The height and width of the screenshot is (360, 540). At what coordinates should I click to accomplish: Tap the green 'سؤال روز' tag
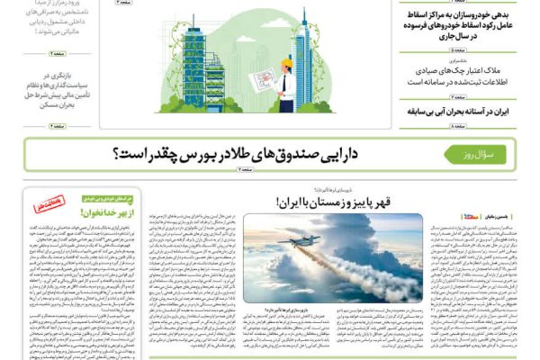475,155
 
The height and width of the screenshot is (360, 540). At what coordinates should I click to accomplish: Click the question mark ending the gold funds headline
120,156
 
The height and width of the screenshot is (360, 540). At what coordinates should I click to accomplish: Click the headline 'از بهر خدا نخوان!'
106,212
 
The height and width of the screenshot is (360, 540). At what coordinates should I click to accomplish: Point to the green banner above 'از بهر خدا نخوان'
106,195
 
